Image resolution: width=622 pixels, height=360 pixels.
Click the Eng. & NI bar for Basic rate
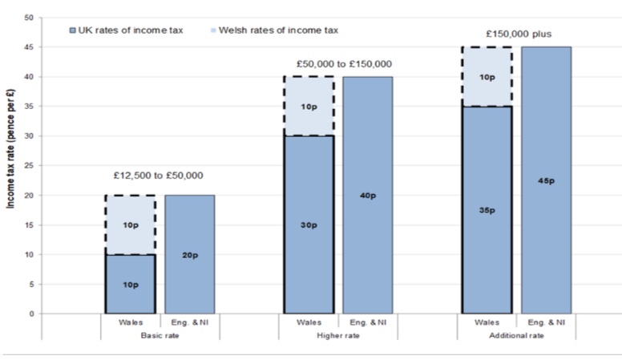(x=190, y=254)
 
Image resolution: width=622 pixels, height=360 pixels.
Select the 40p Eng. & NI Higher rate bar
(x=368, y=195)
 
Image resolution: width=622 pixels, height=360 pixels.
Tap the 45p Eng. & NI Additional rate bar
(x=546, y=180)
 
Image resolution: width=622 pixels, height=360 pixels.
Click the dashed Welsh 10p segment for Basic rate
(x=130, y=225)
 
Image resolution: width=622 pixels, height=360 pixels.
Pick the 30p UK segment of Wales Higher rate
(x=309, y=224)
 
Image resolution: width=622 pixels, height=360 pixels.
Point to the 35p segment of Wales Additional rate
(x=487, y=210)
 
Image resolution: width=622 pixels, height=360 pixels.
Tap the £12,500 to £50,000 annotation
(x=160, y=175)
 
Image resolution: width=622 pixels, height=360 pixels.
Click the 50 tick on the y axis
(x=30, y=18)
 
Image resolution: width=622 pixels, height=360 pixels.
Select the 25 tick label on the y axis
(x=30, y=166)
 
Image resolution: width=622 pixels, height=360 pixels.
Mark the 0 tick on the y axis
(x=32, y=314)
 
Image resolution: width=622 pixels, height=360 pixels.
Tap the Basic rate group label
(x=160, y=334)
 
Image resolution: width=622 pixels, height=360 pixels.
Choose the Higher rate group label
(x=338, y=334)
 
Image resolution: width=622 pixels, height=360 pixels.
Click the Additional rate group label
(x=517, y=334)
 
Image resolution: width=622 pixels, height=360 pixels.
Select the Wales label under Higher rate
(x=309, y=322)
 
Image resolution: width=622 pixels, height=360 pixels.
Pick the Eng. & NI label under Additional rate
(x=546, y=322)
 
